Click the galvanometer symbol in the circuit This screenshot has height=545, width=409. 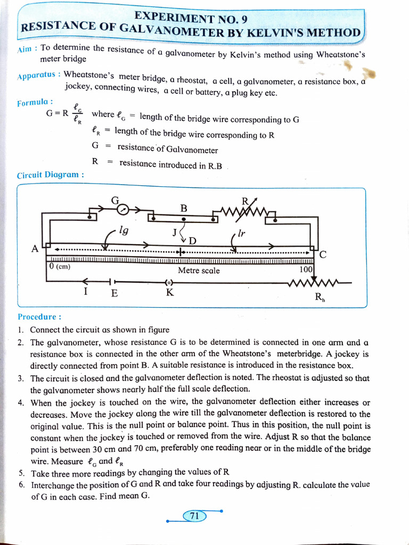[x=123, y=209]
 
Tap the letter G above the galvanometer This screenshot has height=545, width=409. [x=114, y=200]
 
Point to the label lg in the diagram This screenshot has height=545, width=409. [x=124, y=232]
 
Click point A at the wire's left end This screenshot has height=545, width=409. [x=35, y=249]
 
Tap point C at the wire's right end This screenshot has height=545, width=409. [x=323, y=254]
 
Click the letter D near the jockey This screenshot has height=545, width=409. [x=192, y=241]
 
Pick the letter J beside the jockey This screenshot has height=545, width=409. [x=175, y=232]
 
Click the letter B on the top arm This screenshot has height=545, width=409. [x=184, y=207]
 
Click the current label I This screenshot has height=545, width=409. [x=86, y=292]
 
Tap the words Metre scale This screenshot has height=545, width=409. [x=199, y=270]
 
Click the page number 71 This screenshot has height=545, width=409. [x=194, y=515]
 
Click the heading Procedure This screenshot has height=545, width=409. [x=39, y=317]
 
